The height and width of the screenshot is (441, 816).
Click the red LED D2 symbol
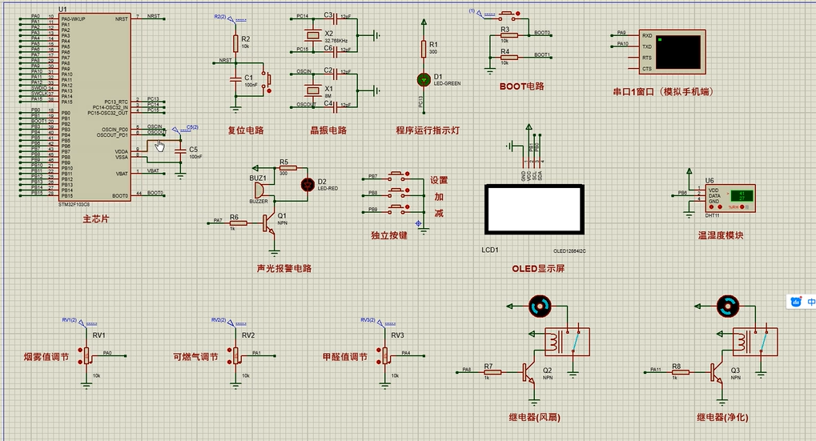pos(306,184)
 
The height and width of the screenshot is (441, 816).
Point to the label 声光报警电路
pos(283,268)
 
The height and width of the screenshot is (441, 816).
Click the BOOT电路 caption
pos(521,86)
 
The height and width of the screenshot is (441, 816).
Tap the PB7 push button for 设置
pos(397,176)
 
